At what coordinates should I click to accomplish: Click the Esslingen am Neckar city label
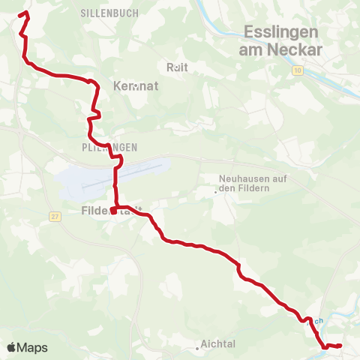[280, 41]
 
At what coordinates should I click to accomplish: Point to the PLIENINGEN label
[109, 146]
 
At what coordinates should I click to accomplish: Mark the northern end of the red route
[28, 13]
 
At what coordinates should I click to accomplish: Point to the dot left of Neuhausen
[215, 191]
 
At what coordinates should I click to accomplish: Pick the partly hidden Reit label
[178, 67]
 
